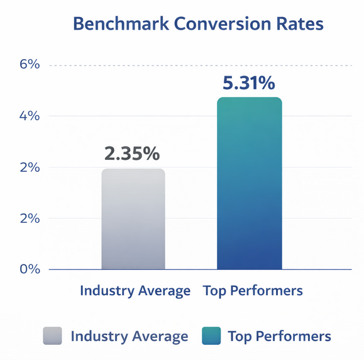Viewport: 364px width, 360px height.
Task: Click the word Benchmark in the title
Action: (117, 25)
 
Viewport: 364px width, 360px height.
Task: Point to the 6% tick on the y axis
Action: (28, 65)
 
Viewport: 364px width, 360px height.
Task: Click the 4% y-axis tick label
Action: (28, 116)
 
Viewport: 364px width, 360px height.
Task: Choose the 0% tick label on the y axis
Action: (28, 269)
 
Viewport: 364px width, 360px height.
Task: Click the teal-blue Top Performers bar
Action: (250, 183)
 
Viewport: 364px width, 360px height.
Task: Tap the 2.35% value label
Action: (133, 154)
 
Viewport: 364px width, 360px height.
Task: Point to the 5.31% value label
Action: (250, 82)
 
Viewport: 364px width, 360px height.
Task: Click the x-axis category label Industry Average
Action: (135, 291)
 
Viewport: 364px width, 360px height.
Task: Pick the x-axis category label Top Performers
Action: (253, 291)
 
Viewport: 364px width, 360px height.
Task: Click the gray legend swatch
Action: (52, 336)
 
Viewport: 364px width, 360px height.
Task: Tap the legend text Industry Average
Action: (130, 336)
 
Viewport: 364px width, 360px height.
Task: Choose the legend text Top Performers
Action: (279, 336)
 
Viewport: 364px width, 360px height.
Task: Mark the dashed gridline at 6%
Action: (189, 65)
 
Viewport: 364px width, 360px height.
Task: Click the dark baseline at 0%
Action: (189, 269)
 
